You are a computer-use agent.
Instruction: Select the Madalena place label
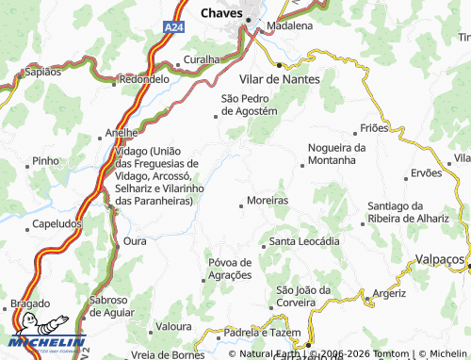click(289, 25)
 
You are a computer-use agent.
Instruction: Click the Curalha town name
click(201, 59)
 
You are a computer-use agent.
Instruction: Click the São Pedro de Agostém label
click(249, 104)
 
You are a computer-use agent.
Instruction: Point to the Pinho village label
click(45, 161)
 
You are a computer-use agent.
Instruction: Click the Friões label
click(374, 128)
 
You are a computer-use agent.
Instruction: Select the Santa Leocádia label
click(304, 241)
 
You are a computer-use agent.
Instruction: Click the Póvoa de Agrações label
click(229, 269)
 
